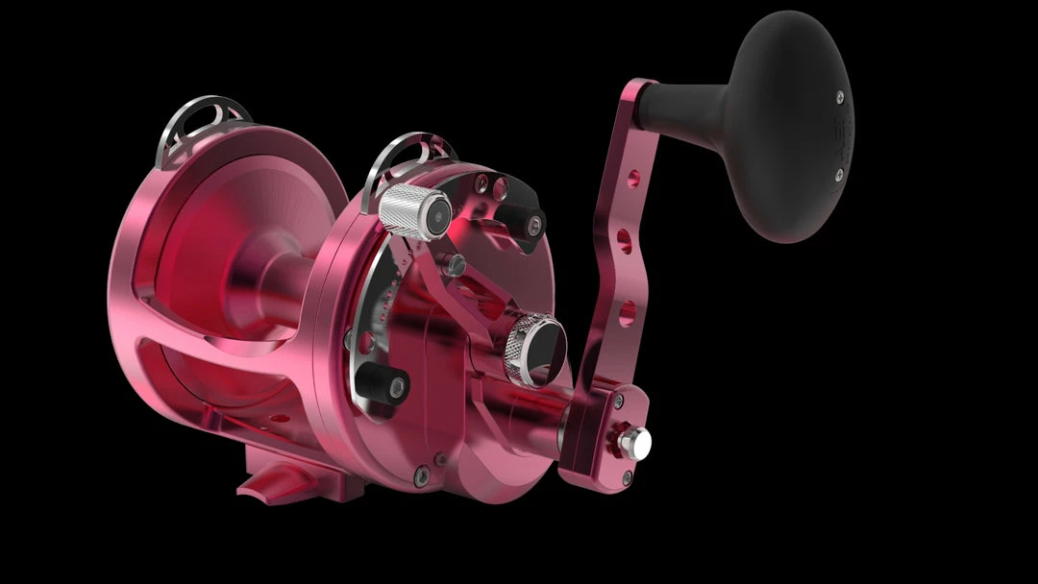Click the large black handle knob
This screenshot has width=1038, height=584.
pos(790,125)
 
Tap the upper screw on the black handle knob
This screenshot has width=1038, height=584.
pos(839,96)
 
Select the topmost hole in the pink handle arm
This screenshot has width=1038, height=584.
pos(633,178)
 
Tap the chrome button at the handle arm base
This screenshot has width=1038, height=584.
pos(635,441)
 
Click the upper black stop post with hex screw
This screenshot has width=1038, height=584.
pos(528,223)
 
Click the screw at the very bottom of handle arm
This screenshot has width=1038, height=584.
pos(627,476)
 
